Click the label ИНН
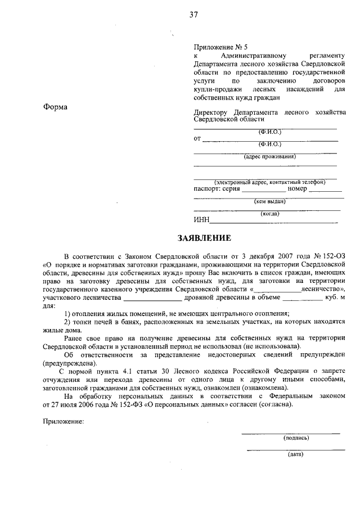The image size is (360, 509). pos(201,219)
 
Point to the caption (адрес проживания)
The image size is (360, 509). pos(269,156)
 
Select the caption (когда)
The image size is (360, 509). pos(269,213)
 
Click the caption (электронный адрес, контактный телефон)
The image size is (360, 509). pos(269,182)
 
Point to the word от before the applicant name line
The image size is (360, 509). pos(197,138)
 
